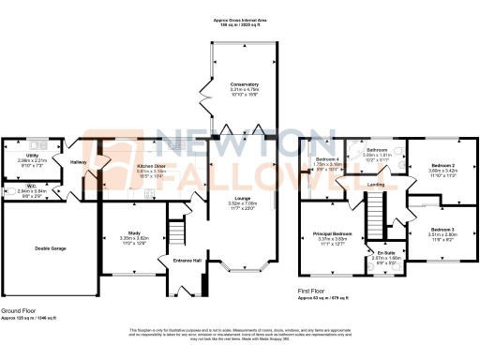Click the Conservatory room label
244,84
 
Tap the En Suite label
386,253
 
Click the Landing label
376,185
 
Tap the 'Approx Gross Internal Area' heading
240,19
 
